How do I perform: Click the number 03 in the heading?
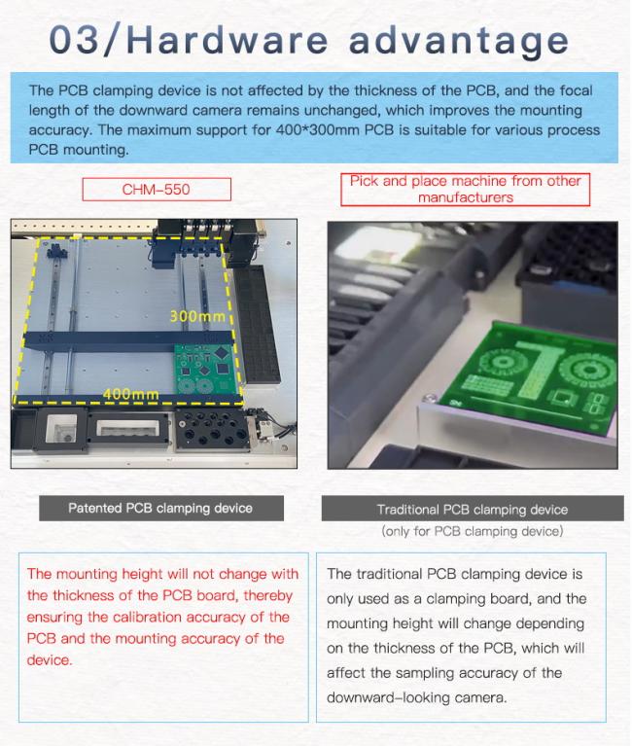point(74,39)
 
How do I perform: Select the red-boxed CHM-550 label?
point(157,190)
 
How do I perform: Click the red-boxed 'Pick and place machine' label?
point(465,190)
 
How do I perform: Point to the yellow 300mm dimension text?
point(197,316)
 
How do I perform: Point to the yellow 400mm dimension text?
point(130,394)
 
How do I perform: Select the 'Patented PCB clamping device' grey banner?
point(161,508)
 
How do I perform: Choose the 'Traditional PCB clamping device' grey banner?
point(473,509)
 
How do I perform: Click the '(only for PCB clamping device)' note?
point(473,531)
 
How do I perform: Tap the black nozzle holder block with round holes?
point(213,430)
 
